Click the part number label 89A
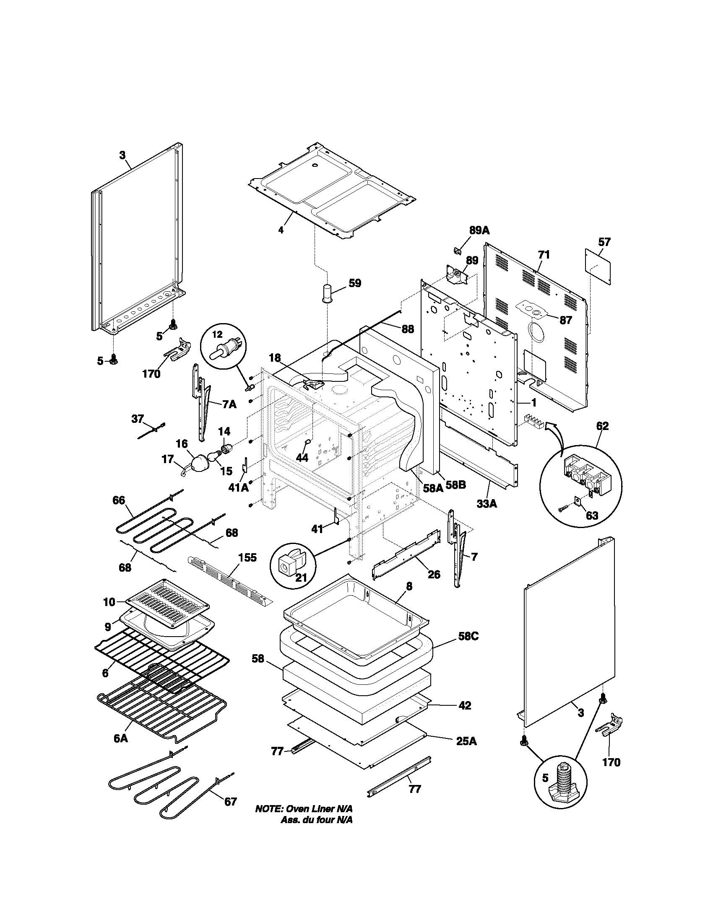pyautogui.click(x=479, y=230)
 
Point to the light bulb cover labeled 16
pyautogui.click(x=199, y=463)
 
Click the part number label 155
pyautogui.click(x=247, y=558)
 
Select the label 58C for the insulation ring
pyautogui.click(x=468, y=648)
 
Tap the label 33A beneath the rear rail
pyautogui.click(x=487, y=503)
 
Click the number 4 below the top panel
pyautogui.click(x=281, y=230)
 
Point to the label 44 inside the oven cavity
pyautogui.click(x=302, y=458)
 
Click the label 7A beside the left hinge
pyautogui.click(x=229, y=404)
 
